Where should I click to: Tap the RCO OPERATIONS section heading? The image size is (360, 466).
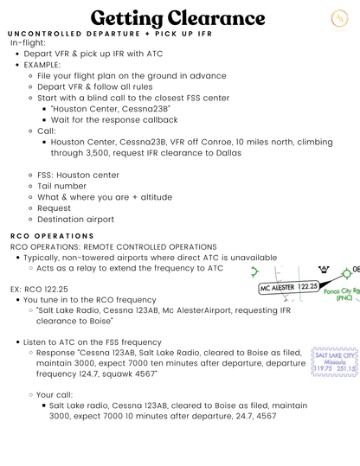pyautogui.click(x=52, y=235)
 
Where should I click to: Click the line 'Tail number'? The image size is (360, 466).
pyautogui.click(x=61, y=185)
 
